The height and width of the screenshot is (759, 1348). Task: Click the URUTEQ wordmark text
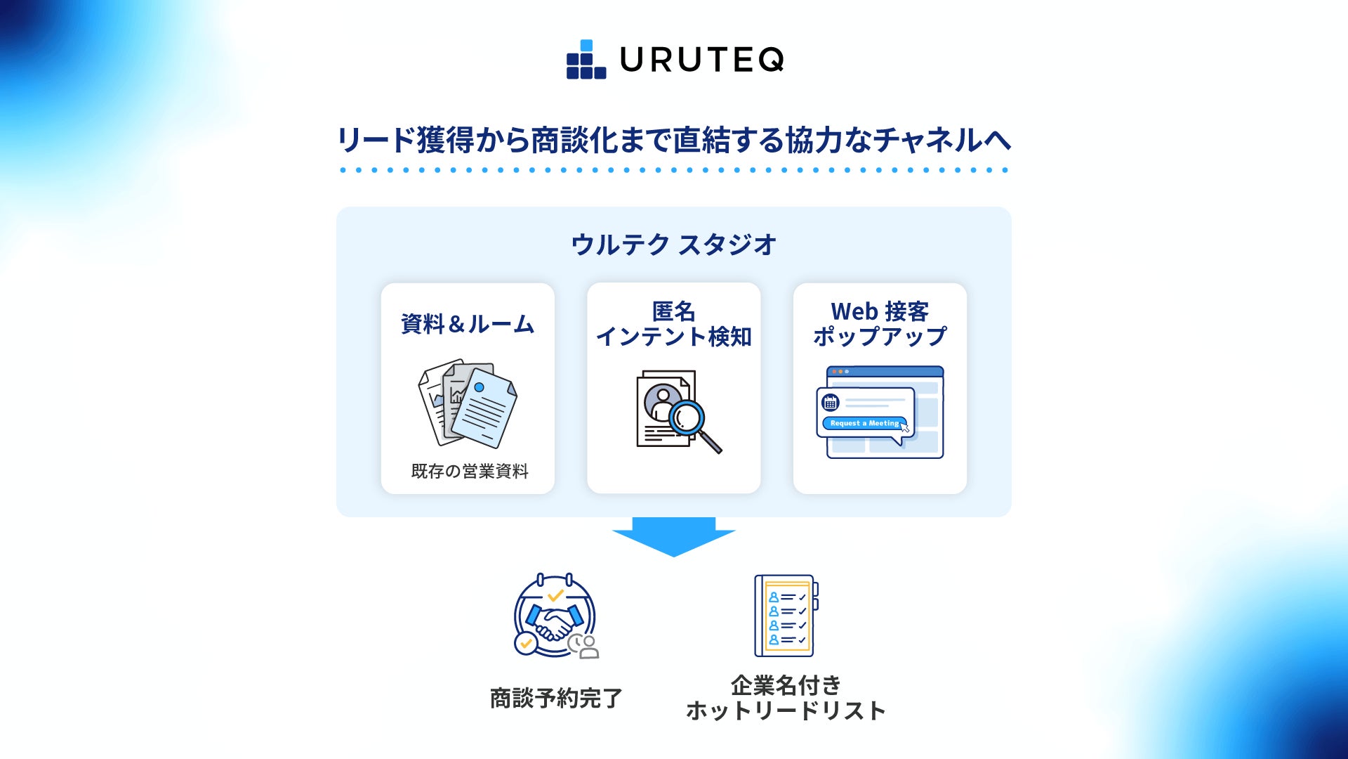coord(701,60)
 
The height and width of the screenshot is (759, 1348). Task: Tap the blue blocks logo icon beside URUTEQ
coord(586,60)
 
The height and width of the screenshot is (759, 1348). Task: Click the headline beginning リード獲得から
coord(674,140)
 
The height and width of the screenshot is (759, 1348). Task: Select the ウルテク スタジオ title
coord(674,245)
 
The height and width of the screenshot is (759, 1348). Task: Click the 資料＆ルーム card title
coord(468,324)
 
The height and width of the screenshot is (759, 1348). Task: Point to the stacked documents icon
coord(468,404)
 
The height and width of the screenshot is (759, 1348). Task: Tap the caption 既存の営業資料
coord(469,471)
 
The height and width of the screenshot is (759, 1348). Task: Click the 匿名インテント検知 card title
coord(674,324)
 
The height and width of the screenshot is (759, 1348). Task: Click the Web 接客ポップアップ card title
coord(880,324)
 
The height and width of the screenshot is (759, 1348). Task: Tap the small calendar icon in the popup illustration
coord(831,403)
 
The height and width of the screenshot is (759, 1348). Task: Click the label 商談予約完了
coord(556,699)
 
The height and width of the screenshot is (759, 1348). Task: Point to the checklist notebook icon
coord(786,616)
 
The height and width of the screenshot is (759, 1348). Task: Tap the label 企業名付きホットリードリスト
coord(786,698)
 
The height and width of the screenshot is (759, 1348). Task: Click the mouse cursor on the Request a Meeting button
coord(905,427)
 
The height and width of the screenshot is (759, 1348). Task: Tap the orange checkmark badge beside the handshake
coord(525,643)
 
